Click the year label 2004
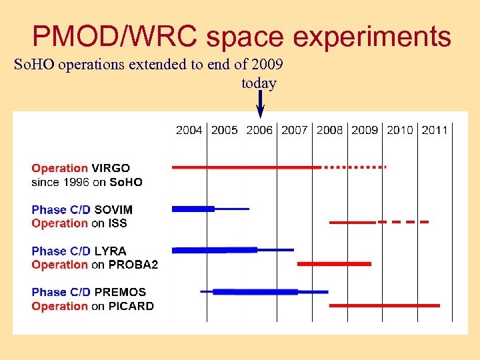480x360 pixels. click(x=189, y=130)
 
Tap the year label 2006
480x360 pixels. click(x=259, y=130)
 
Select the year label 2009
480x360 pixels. click(x=365, y=130)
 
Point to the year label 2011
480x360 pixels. click(x=435, y=130)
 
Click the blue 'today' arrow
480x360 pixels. click(x=260, y=105)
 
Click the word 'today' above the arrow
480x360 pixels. click(x=259, y=83)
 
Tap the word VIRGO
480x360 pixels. click(x=111, y=168)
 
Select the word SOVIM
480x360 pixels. click(x=113, y=209)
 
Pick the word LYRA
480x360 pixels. click(x=110, y=251)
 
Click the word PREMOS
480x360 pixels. click(x=120, y=292)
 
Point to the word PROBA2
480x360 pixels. click(x=133, y=265)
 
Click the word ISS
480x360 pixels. click(x=118, y=223)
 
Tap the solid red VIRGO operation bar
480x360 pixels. click(x=247, y=167)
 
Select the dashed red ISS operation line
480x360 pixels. click(x=403, y=221)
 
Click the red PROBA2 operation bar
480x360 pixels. click(x=334, y=264)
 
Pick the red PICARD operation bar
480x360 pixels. click(x=385, y=305)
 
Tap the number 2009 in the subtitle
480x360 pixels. click(x=268, y=65)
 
